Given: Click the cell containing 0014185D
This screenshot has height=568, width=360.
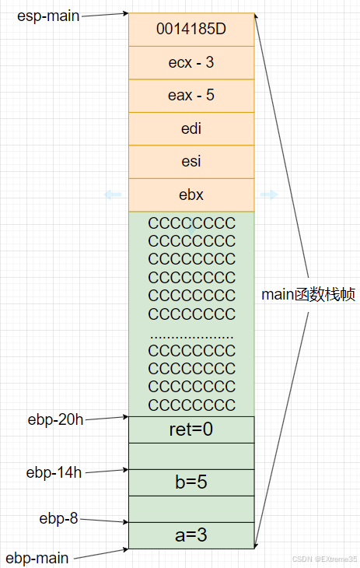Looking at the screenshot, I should [x=191, y=30].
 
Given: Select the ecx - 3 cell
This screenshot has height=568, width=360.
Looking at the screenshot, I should [x=191, y=62].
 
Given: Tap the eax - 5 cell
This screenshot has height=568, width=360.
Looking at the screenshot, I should [x=191, y=96].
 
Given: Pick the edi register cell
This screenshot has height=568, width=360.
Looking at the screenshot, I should [x=191, y=128].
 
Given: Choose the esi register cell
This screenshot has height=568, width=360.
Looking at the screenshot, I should [x=191, y=162].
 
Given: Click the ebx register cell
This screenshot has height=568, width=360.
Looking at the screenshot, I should [x=191, y=195].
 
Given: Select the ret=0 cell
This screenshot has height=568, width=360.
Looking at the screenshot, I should [x=191, y=429].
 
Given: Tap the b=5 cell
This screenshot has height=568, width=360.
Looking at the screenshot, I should [x=191, y=482].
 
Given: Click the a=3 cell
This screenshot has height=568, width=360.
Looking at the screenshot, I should [x=191, y=535].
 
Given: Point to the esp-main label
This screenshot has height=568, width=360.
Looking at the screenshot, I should [x=48, y=15].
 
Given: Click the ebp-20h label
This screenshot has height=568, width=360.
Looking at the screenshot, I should [x=55, y=420].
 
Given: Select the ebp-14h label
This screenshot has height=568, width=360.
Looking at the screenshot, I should [x=55, y=472].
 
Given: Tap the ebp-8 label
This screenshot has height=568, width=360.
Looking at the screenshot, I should [x=59, y=518].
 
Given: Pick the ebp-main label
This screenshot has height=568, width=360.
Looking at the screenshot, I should [x=37, y=558].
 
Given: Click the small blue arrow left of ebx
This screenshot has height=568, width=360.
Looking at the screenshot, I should [x=114, y=195].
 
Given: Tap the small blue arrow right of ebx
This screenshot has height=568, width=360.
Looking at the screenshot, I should [x=269, y=195].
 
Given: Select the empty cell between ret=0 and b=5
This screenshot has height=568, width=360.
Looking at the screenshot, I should [x=191, y=455].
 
